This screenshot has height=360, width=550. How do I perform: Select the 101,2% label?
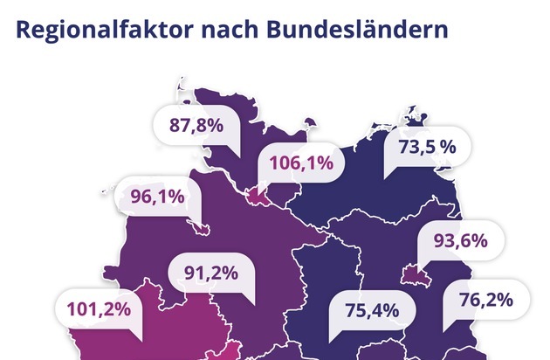point(98,308)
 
